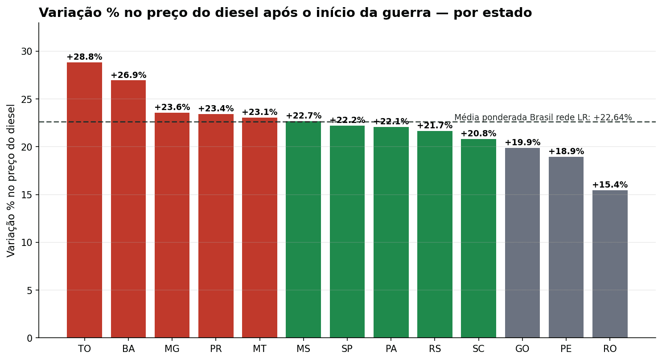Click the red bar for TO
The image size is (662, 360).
point(84,200)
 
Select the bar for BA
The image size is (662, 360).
point(128,209)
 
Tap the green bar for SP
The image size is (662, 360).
point(347,232)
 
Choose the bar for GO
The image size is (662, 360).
point(522,243)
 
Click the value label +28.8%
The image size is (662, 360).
point(84,57)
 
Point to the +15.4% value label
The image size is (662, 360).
point(610,185)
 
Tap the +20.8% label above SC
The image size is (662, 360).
point(478,134)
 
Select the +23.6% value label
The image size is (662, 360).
point(172,107)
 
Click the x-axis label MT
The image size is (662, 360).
point(259,349)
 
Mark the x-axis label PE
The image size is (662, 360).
point(566,349)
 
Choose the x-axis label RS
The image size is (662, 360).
point(435,349)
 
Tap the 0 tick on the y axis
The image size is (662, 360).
point(30,338)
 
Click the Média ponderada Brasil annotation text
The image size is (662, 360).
point(543,118)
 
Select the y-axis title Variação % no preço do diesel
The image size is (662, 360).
point(11,180)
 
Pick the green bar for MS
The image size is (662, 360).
point(303,229)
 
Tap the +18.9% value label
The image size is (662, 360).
point(566,151)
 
